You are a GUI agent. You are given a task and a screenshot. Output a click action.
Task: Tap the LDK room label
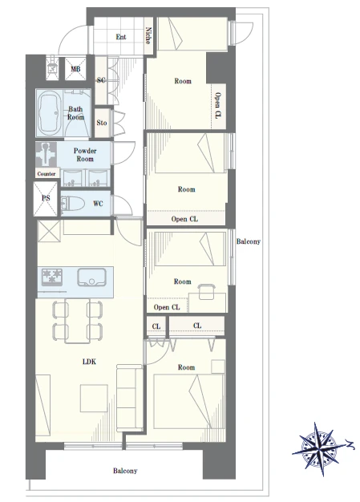pos(89,362)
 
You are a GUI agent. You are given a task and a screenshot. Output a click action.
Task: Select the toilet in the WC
pos(72,204)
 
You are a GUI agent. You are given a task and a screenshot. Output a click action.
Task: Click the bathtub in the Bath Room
pos(51,112)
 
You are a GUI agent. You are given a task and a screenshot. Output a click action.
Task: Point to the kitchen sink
pos(92,277)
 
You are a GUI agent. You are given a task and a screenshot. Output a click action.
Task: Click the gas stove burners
pos(52,277)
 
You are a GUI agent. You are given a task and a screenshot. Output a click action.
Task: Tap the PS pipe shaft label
pos(46,198)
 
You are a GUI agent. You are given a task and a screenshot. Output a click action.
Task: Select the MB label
pos(75,69)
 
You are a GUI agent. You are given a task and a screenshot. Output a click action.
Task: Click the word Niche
pos(148,35)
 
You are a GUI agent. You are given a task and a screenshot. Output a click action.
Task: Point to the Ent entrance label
pos(121,37)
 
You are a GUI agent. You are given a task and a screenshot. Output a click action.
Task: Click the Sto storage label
pos(102,123)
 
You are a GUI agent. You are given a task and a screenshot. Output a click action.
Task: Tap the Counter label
pos(47,174)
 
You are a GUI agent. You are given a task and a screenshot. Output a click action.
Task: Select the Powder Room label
pos(85,155)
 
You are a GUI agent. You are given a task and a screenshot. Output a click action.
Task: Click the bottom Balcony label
pos(125,471)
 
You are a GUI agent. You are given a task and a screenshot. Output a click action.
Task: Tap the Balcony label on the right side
pos(249,241)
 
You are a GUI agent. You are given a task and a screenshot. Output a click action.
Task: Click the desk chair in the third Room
pos(207,291)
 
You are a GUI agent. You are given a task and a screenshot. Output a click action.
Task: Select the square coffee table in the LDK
pos(94,399)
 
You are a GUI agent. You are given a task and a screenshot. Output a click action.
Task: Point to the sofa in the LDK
pos(129,397)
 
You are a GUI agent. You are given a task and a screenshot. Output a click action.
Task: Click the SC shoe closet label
pos(101,79)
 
